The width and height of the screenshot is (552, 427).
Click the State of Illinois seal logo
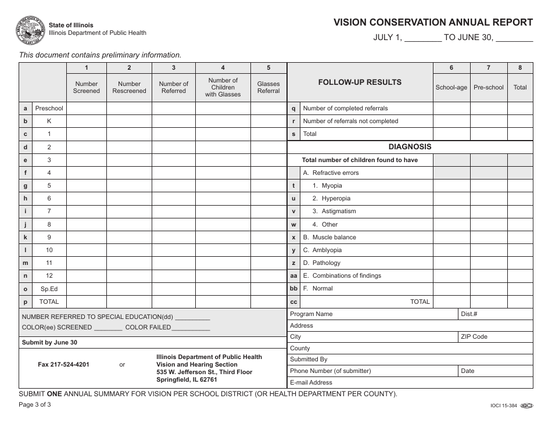coord(31,30)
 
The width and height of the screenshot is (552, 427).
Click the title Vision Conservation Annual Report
coord(433,23)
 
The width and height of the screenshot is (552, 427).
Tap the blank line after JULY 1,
coord(422,40)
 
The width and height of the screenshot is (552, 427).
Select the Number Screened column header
coord(86,87)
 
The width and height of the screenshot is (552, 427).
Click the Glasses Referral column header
coord(268,87)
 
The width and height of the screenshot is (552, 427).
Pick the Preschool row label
coord(49,108)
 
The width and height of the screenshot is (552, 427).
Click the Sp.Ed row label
coord(49,289)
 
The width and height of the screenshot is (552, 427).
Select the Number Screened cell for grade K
coord(86,121)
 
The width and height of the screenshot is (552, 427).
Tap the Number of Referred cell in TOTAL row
coord(174,302)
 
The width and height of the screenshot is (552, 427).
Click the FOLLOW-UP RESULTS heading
coord(360,82)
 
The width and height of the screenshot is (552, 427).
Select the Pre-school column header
coord(489,87)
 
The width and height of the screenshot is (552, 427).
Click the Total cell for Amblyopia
coord(520,250)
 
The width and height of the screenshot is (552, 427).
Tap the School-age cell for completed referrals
coord(451,108)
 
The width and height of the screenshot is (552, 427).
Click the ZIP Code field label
coord(474,336)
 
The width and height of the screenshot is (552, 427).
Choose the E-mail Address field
coord(410,382)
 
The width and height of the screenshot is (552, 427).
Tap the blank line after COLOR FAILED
coord(191,328)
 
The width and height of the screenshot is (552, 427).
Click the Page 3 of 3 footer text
coord(35,405)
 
